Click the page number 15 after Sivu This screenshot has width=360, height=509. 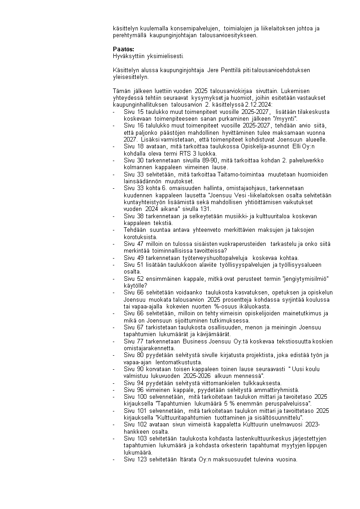pos(141,112)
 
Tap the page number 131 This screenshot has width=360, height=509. pos(206,209)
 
